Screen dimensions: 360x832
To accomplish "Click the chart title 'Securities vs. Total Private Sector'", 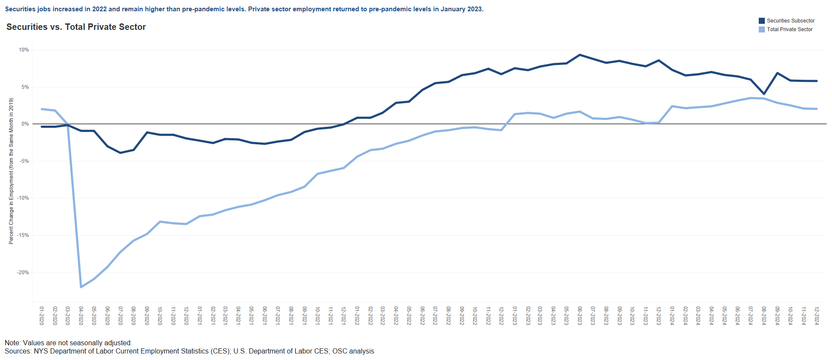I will (x=76, y=27).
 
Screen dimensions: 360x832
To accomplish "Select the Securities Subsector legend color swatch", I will (x=761, y=21).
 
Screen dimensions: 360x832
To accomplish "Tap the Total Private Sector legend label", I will (x=790, y=29).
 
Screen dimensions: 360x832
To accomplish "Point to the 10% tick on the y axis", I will (x=24, y=50).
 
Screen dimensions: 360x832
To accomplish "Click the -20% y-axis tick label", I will (x=23, y=272).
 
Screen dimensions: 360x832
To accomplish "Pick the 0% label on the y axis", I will (x=25, y=124).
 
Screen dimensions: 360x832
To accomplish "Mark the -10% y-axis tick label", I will (x=23, y=198).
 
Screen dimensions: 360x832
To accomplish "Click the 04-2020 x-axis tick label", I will (x=81, y=316).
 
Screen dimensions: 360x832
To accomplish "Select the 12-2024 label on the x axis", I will (x=817, y=316).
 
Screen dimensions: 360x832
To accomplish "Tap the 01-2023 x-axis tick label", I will (x=515, y=316).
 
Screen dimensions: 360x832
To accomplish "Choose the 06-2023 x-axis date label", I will (x=580, y=316).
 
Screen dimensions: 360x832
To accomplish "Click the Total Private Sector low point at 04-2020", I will (x=81, y=287).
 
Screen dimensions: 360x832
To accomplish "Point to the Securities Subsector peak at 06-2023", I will (x=580, y=55).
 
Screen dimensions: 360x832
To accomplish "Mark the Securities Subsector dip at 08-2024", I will (x=764, y=94).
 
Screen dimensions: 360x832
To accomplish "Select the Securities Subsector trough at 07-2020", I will (x=120, y=152).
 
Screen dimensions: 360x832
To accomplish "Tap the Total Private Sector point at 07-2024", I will (x=751, y=98).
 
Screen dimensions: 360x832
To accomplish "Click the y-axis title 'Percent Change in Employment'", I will (x=11, y=171).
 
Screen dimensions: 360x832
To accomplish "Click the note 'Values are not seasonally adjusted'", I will (x=77, y=343).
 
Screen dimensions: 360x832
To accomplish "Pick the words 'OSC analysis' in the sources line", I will (x=353, y=351).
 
